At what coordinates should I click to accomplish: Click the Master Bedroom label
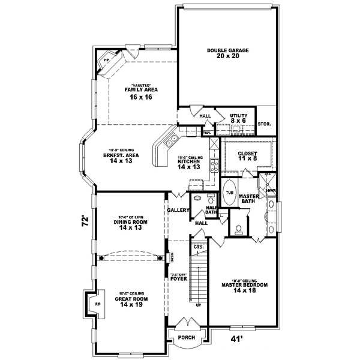pos(244,285)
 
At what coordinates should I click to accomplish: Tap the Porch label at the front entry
pos(187,338)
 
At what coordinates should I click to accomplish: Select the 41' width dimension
pos(238,340)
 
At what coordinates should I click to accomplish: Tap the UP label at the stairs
pos(199,305)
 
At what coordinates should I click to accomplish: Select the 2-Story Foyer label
pos(178,278)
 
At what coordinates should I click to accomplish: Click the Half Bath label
pos(211,209)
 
